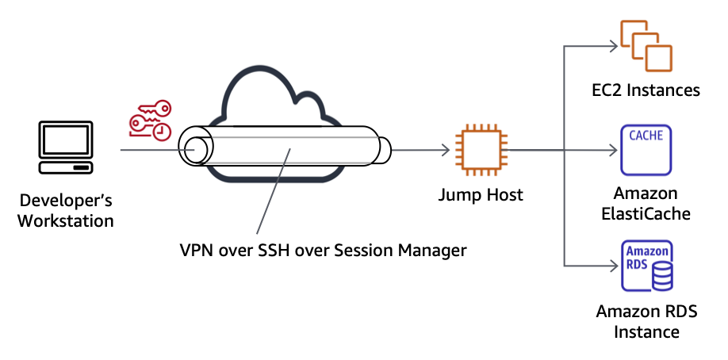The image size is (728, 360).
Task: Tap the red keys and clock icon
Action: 151,120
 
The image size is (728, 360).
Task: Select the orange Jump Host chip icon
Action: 478,149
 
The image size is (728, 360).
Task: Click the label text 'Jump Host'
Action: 481,194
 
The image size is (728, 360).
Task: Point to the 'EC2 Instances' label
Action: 646,90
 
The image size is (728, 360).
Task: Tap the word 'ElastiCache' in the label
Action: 646,213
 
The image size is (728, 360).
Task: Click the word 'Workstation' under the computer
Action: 67,220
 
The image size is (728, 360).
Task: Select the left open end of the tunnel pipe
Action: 193,149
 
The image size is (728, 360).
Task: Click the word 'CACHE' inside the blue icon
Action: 646,135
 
